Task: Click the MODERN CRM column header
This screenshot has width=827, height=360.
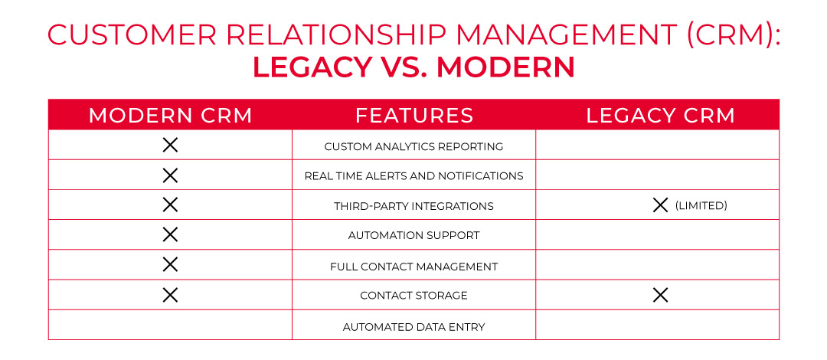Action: [170, 116]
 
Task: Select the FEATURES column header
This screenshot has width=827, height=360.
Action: [414, 116]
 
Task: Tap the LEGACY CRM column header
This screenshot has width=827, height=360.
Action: [660, 116]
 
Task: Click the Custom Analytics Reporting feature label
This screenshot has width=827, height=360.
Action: [413, 146]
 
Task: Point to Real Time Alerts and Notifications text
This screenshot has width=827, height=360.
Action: [413, 176]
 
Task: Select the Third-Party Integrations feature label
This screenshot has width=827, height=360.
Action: [413, 206]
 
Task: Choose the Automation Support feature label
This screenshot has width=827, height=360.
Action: [413, 236]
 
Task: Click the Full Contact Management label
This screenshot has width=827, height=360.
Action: [413, 267]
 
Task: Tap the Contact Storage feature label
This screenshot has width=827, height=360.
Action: [413, 296]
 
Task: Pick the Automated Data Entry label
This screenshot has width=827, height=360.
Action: [413, 327]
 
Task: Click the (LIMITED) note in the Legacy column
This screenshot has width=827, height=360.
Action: [701, 205]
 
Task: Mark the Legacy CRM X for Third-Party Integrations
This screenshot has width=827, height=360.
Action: [660, 205]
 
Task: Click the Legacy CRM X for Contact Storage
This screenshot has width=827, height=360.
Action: [660, 295]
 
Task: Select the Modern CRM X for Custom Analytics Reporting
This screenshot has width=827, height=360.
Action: [170, 145]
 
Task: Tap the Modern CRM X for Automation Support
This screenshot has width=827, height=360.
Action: [170, 234]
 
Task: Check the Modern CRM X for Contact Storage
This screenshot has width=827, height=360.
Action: [170, 295]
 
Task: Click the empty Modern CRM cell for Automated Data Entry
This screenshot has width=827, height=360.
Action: [170, 326]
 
